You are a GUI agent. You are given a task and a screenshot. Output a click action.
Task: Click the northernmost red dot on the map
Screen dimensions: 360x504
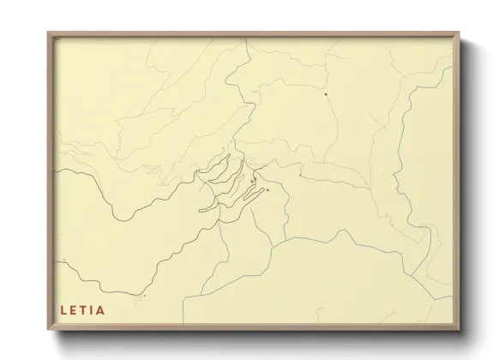[326, 93]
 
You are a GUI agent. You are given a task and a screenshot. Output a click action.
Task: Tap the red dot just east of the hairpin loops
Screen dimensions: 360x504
[268, 190]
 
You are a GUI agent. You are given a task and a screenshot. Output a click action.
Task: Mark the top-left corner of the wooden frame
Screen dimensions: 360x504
[48, 33]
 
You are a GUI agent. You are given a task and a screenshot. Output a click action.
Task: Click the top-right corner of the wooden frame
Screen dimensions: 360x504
[459, 33]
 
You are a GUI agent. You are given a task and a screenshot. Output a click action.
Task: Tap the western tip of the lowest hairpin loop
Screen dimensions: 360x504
[200, 209]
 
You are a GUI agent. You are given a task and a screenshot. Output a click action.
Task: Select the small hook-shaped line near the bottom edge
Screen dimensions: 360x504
[141, 296]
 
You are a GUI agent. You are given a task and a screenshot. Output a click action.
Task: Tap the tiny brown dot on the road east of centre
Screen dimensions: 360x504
[299, 175]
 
